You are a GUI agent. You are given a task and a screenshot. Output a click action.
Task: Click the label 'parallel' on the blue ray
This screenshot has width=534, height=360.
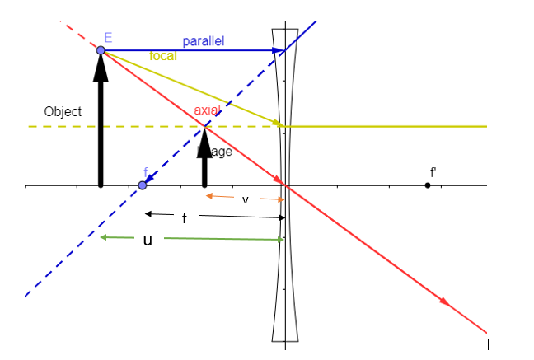pos(203,41)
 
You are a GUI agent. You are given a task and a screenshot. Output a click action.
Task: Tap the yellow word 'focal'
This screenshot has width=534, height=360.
pos(162,56)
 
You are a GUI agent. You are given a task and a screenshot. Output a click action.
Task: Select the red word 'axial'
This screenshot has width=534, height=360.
pos(207,110)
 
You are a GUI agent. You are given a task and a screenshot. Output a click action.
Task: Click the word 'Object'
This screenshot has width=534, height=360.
pos(63,111)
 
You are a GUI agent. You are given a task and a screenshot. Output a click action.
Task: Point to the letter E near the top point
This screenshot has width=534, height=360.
pos(108,38)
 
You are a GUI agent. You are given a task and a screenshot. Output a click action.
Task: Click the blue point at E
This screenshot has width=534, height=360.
pos(101,51)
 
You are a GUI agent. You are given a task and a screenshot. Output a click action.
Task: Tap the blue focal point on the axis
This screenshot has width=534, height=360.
pos(142,185)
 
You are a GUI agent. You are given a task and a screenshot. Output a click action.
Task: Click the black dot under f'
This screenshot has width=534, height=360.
pos(428,185)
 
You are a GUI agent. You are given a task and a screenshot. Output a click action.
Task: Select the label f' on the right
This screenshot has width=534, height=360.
pos(433,172)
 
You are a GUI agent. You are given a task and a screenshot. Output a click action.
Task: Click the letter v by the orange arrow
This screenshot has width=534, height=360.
pos(245,199)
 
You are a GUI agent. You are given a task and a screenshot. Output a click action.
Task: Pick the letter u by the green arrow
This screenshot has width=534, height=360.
pos(148,241)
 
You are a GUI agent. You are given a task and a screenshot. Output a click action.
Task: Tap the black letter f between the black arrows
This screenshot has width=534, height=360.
pos(185,218)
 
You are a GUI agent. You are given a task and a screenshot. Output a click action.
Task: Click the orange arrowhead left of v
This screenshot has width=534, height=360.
pos(208,196)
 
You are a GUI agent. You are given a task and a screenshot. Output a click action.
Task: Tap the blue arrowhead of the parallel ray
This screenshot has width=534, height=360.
pos(279,51)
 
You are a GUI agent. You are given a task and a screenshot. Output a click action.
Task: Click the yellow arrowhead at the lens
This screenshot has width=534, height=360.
pos(279,124)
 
